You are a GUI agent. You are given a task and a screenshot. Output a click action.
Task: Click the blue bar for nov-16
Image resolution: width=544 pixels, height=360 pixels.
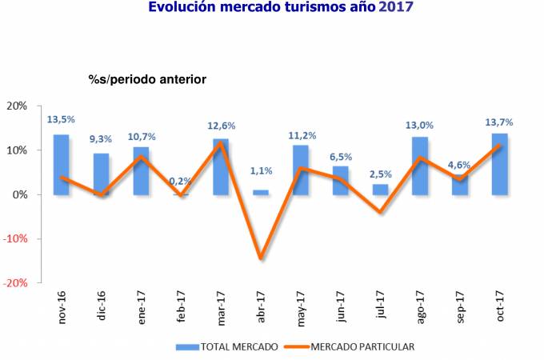pos(61,165)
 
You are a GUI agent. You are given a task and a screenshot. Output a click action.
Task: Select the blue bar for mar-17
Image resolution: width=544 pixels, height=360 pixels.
pos(221,166)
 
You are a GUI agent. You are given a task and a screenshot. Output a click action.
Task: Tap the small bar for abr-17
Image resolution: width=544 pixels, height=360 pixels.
pos(261,192)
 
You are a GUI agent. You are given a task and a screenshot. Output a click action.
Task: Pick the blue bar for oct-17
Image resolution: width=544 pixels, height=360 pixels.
pos(500,164)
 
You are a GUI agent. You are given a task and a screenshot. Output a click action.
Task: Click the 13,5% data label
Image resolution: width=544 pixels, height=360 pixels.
pos(61,120)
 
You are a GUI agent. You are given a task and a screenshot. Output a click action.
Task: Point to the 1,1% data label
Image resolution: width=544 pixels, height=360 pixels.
pos(262,170)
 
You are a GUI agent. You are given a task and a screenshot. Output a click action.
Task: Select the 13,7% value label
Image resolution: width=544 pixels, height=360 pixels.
pos(499,122)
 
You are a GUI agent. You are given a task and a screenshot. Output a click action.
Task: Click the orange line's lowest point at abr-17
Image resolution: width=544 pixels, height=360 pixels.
pos(261,258)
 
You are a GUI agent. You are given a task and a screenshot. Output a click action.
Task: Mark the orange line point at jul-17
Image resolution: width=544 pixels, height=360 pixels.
pos(381,212)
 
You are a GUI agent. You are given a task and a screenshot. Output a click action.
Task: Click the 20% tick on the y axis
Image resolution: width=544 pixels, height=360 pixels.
pos(17,106)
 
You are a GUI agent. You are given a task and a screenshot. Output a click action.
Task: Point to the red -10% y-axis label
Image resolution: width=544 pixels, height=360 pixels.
pos(16,238)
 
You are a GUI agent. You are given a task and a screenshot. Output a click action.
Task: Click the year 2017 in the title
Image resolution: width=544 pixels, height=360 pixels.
pos(397,8)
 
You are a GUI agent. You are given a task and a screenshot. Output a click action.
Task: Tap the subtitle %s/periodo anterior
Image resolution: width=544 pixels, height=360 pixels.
pos(146,79)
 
